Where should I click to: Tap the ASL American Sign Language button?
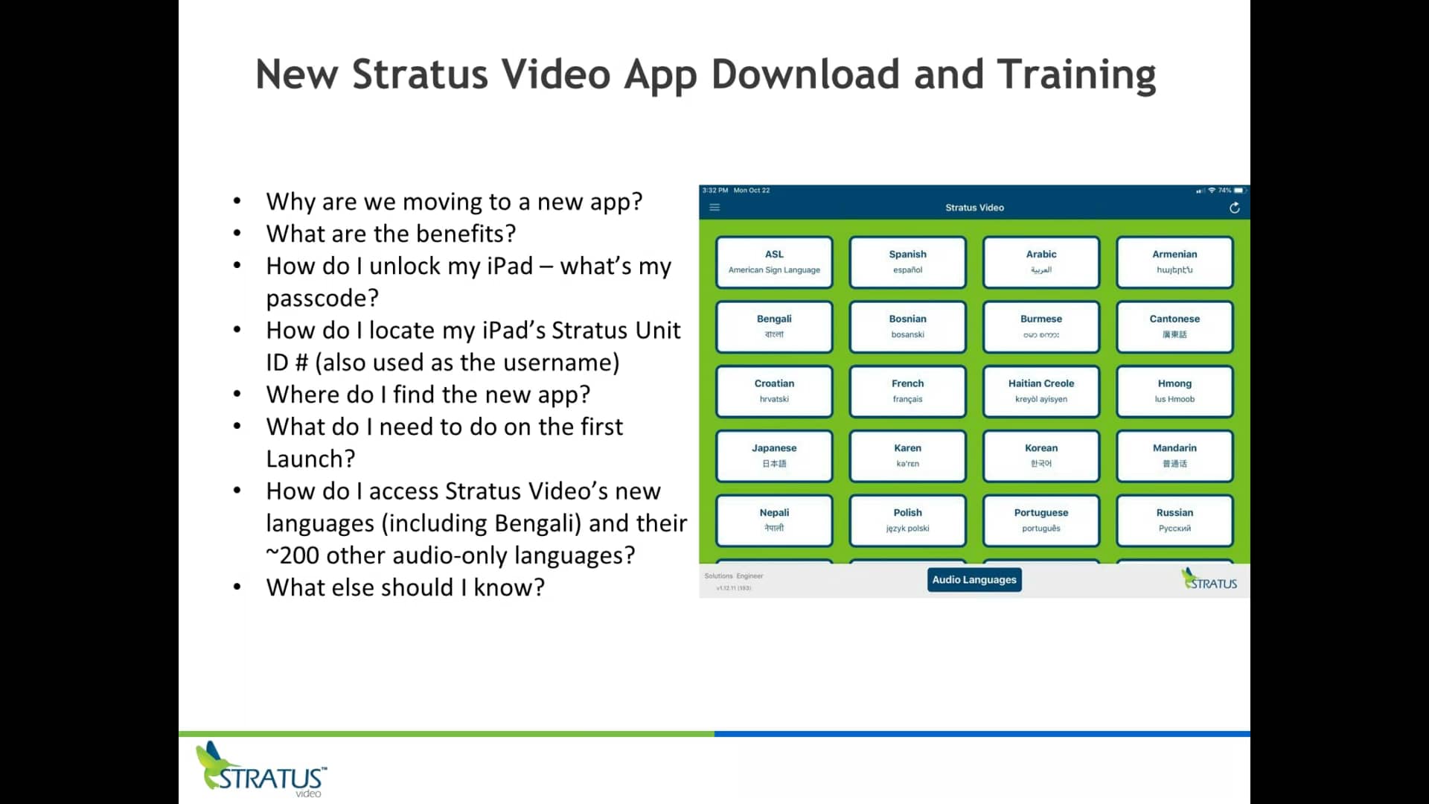coord(774,262)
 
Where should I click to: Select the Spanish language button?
coord(907,262)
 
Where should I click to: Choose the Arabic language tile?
coord(1040,262)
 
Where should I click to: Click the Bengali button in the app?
coord(774,326)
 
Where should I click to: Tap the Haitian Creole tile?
coord(1040,391)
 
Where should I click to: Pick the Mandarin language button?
coord(1174,456)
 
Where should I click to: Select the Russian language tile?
coord(1174,520)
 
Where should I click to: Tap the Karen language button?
coord(907,456)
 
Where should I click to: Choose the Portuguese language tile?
coord(1040,520)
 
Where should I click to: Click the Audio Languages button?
coord(974,580)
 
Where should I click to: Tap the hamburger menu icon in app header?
coord(714,208)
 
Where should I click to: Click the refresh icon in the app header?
coord(1234,208)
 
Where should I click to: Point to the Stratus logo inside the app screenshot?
coord(1209,580)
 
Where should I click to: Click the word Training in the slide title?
coord(1076,74)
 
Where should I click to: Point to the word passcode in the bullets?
coord(322,299)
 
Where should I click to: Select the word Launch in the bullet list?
coord(310,459)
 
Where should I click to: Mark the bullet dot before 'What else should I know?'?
coord(237,587)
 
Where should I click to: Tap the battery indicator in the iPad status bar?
coord(1238,191)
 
